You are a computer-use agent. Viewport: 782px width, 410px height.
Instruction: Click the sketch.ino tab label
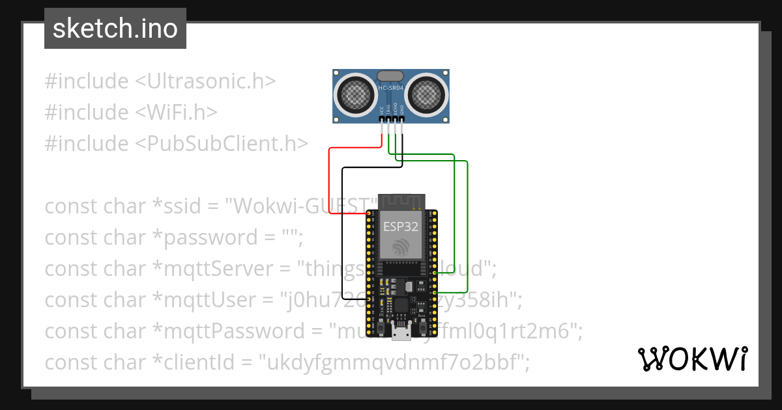[115, 29]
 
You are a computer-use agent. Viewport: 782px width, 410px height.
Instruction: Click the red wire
[330, 182]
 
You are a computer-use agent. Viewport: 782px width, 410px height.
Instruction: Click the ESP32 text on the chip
[400, 226]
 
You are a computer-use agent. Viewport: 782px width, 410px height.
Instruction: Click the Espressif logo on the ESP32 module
[400, 247]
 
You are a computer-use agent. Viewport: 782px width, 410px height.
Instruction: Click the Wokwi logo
[691, 359]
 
